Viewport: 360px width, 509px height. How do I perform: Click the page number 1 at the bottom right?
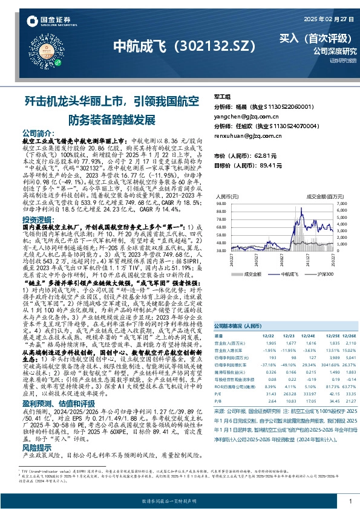click(350, 501)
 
